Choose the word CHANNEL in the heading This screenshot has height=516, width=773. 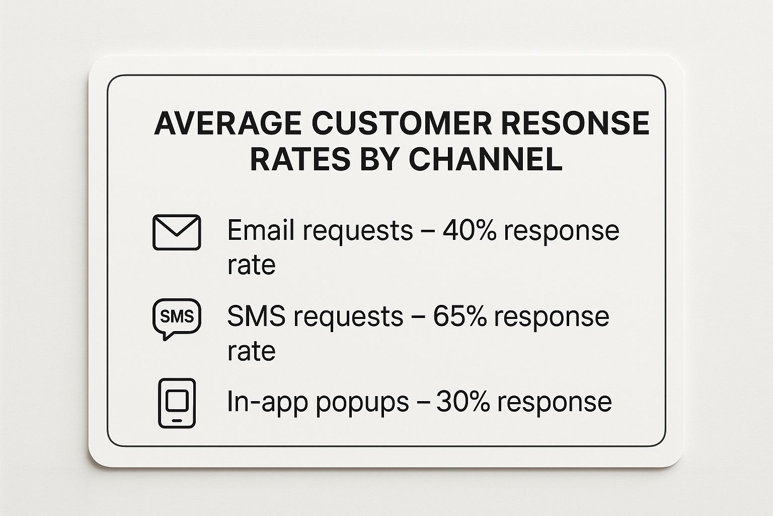pos(485,159)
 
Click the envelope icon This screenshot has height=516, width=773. pos(177,232)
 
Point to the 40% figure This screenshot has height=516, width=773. pos(468,230)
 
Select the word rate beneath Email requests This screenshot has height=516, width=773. pos(251,266)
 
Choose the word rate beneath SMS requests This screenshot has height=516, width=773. pos(251,351)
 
